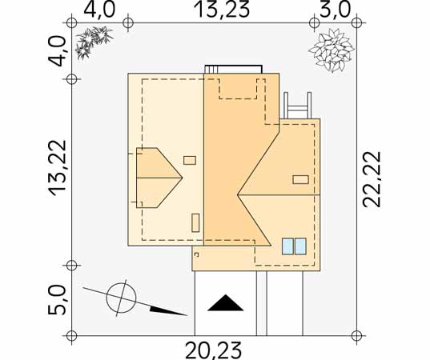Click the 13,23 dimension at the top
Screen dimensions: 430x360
pos(222,10)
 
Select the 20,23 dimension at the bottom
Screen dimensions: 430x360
pos(213,350)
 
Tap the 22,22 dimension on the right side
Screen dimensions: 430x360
pos(372,179)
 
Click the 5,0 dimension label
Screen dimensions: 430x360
pos(57,300)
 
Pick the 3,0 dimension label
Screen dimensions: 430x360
pos(336,10)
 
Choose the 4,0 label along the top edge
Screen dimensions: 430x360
pos(99,10)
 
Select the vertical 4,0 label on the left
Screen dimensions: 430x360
pos(57,51)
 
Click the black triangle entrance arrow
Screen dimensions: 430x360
pos(226,303)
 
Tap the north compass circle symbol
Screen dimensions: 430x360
pos(121,298)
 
